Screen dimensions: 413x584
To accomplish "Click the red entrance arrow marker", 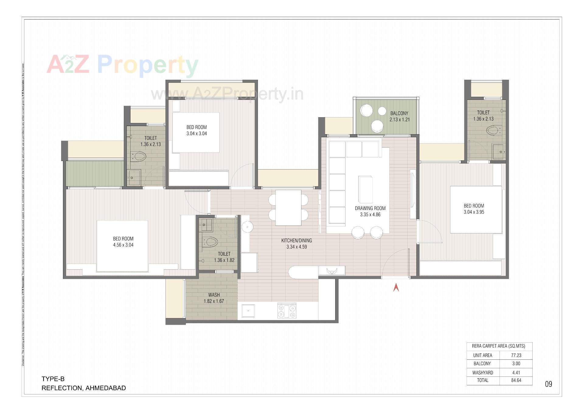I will (396, 287).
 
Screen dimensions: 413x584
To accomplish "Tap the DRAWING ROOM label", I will (370, 208).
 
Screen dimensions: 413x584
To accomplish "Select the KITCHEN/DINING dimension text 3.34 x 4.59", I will (297, 247).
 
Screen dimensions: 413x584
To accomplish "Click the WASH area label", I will (214, 295).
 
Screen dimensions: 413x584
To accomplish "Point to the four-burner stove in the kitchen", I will (287, 311).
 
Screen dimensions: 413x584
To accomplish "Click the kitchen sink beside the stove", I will (249, 311).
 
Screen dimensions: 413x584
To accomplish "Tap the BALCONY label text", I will (399, 113).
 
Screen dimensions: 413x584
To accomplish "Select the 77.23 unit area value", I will (516, 355).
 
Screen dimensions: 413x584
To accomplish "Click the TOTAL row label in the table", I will (483, 380).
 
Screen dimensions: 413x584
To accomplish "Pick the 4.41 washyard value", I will (516, 373).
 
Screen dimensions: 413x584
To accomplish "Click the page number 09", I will (548, 384).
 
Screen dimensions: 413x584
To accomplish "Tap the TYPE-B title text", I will (53, 379).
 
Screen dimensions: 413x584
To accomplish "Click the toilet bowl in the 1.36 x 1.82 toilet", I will (211, 243).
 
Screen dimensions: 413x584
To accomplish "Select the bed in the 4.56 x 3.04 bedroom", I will (122, 246).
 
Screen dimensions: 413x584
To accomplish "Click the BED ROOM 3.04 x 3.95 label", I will (474, 209).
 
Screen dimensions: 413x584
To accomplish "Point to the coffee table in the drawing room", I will (365, 189).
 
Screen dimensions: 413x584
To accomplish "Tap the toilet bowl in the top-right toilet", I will (493, 131).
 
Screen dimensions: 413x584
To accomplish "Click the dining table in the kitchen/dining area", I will (288, 208).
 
